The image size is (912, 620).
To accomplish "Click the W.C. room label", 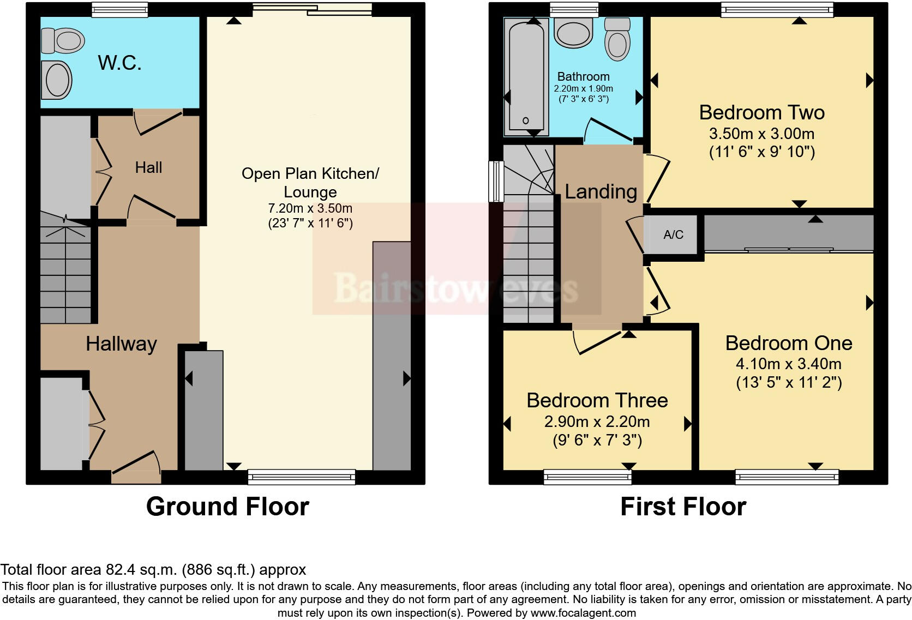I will (119, 63).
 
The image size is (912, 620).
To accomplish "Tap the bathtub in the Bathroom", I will (526, 76).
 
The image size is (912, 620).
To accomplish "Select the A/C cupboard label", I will (673, 235).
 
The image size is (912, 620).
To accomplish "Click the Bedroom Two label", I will (761, 113).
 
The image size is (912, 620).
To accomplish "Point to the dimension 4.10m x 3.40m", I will (788, 364).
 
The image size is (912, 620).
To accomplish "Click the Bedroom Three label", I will (597, 401).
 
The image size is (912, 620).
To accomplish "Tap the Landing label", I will (601, 192).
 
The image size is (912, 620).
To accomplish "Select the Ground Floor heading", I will (227, 507).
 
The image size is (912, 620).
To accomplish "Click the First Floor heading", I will (683, 507).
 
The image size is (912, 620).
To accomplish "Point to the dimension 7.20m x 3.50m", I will (310, 208).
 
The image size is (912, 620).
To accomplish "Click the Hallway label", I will (121, 344).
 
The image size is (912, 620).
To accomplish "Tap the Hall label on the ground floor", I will (148, 167).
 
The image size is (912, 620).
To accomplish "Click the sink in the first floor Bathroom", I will (573, 32).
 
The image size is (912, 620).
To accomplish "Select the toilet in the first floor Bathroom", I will (617, 38).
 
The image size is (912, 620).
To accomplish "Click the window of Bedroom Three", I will (587, 477).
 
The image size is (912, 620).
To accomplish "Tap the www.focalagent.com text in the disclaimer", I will (583, 613).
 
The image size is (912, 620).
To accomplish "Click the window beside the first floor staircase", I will (496, 181).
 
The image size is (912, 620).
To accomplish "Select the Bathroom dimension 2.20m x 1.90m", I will (583, 88).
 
